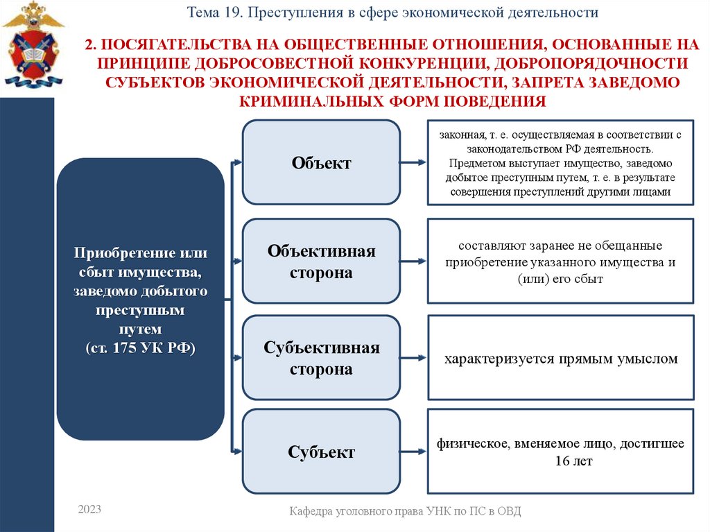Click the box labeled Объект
pos(321,163)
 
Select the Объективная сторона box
pos(321,261)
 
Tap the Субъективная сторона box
pos(321,358)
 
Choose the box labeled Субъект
pos(321,452)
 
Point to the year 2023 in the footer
pos(89,509)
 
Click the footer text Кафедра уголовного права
pos(405,511)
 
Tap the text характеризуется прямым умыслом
pos(560,359)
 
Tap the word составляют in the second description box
pos(486,246)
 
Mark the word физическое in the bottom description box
pos(473,444)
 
